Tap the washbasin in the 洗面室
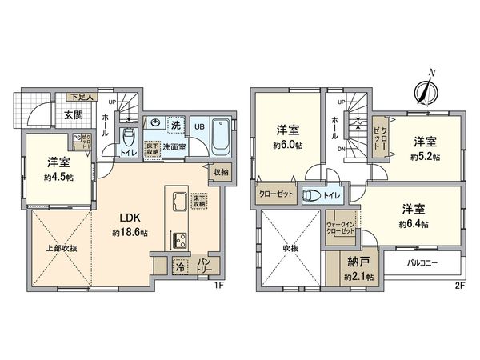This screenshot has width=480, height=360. [155, 123]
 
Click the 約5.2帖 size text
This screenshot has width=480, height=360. [425, 157]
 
